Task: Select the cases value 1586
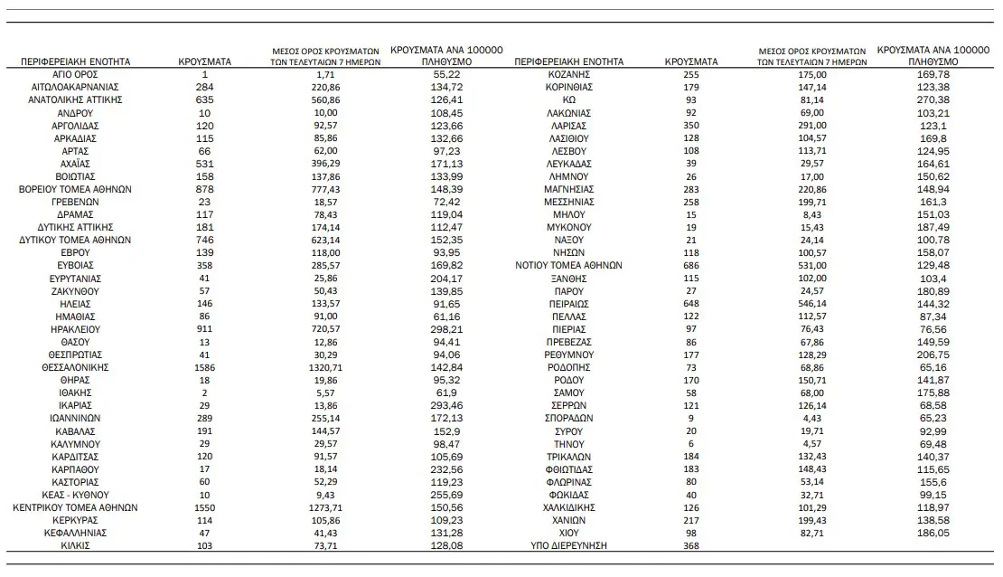[x=205, y=368]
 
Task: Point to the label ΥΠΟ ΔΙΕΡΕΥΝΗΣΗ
[x=568, y=546]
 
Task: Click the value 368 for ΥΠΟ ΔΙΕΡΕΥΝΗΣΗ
[x=691, y=546]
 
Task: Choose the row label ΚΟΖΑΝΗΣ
[x=568, y=73]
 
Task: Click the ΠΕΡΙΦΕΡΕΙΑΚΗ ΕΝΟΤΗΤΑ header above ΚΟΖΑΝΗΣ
[x=568, y=61]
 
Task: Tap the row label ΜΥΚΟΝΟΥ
[x=568, y=228]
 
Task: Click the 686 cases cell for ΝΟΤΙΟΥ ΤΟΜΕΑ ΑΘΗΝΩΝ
[x=691, y=266]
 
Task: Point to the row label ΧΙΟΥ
[x=568, y=534]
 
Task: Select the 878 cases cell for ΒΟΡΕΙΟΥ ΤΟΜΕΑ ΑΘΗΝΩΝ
[x=205, y=189]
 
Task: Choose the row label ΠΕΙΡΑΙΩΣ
[x=568, y=305]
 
